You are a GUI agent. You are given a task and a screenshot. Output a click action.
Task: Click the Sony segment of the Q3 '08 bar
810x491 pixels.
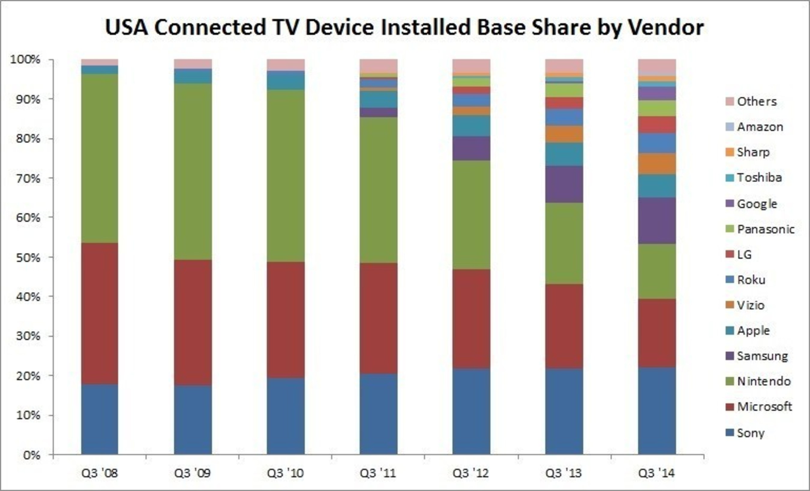pos(100,420)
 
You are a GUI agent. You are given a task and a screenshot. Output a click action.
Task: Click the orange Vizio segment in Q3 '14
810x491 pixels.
pos(657,164)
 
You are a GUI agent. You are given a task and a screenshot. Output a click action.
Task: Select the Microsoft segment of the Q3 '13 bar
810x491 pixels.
pos(564,326)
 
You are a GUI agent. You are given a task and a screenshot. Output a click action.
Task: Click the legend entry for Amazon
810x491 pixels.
pos(760,127)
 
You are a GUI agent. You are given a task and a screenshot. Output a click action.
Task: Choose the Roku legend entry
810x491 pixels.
pos(751,280)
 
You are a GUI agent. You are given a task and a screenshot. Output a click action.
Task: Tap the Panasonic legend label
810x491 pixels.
pos(766,229)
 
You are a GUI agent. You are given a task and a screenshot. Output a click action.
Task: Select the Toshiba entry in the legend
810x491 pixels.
pos(759,178)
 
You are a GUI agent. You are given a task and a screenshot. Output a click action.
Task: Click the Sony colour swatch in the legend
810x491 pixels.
pos(730,433)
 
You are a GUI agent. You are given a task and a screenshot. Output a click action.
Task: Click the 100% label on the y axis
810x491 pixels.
pos(25,59)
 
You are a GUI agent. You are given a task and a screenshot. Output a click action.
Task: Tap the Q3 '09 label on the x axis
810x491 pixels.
pos(193,473)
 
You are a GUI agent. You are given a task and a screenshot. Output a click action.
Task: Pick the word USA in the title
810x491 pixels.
pos(126,28)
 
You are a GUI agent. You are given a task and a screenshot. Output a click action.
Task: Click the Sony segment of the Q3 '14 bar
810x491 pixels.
pos(657,411)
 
